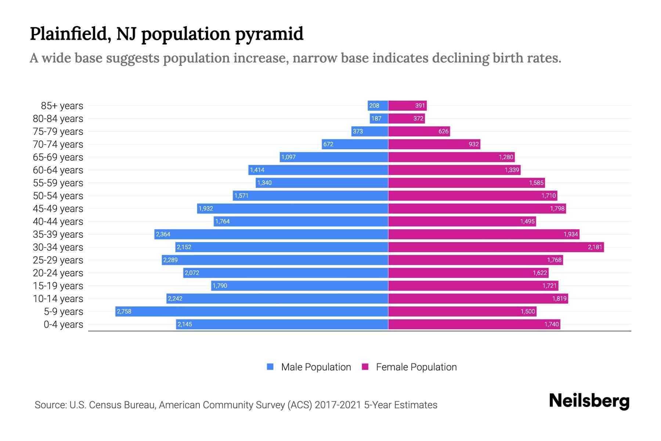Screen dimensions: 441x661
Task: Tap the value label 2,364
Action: (x=163, y=234)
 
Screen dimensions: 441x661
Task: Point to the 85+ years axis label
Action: (x=62, y=106)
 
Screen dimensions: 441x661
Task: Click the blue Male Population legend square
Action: (x=270, y=367)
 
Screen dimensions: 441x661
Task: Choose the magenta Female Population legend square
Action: (x=365, y=367)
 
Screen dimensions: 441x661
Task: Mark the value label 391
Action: (x=420, y=106)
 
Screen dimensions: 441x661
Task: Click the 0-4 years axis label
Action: (x=63, y=325)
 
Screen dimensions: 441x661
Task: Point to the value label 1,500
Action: (x=528, y=312)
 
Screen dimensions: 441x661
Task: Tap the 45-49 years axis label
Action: (x=58, y=209)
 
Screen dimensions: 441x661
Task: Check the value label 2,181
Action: (x=595, y=247)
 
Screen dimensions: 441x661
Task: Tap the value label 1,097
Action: (x=288, y=157)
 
